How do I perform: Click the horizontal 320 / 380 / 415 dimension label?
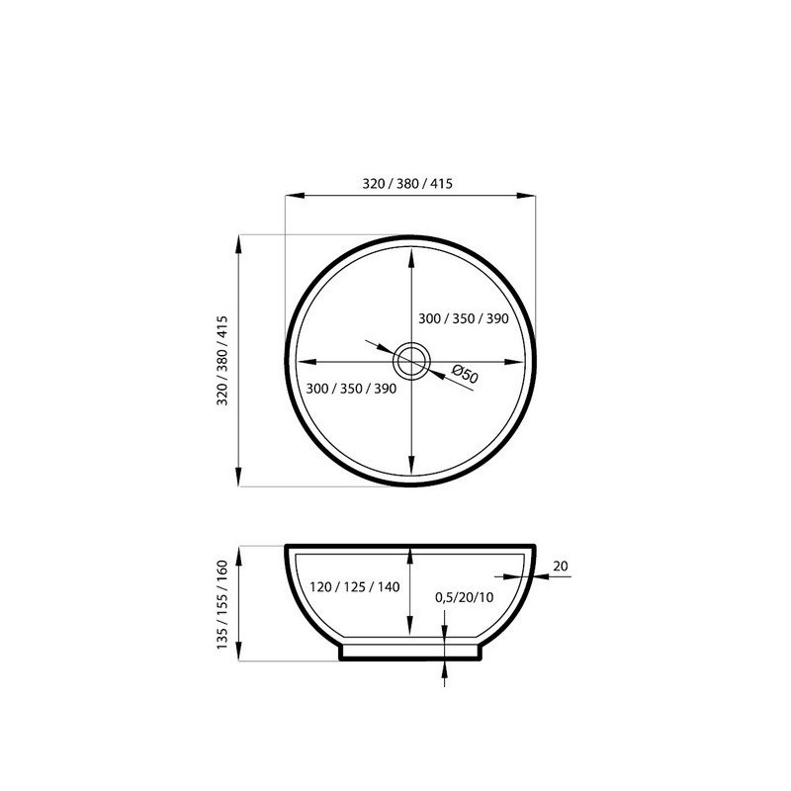(407, 184)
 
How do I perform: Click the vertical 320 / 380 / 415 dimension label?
(222, 361)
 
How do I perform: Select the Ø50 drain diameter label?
(465, 375)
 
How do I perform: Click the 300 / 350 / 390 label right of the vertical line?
(464, 318)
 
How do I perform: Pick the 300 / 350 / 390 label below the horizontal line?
(351, 389)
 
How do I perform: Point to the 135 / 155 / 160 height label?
(222, 604)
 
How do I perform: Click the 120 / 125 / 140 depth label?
(355, 586)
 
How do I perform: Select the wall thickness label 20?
(561, 566)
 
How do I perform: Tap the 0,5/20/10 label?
(464, 597)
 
